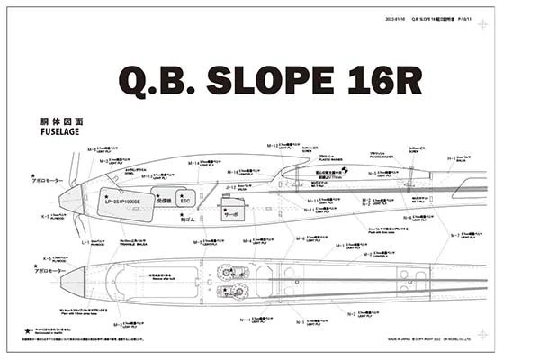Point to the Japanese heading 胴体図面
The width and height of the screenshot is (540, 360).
61,120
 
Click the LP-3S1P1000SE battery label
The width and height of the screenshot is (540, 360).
125,202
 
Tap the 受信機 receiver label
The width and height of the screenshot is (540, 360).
165,200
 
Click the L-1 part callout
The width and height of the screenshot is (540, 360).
85,242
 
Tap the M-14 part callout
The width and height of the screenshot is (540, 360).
193,163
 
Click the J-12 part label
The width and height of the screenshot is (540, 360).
230,188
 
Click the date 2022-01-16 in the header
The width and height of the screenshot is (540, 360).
396,18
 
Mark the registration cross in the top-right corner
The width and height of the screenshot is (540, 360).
483,23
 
